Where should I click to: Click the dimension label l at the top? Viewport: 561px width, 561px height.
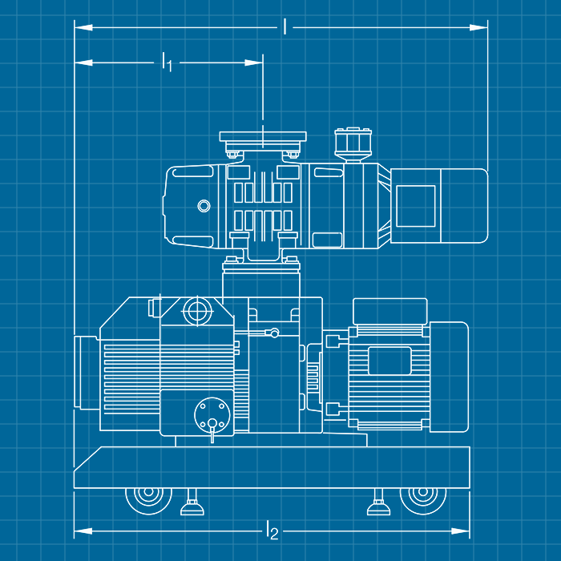[x=285, y=26]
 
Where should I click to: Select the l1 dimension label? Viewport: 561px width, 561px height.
[x=167, y=62]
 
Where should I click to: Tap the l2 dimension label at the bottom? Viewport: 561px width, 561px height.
[x=272, y=530]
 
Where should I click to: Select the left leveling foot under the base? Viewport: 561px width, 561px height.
[x=191, y=506]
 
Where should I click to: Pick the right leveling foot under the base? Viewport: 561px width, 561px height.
[x=377, y=506]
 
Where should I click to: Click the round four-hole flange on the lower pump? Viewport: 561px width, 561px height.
[x=212, y=415]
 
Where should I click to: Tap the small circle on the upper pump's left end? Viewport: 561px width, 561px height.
[x=205, y=206]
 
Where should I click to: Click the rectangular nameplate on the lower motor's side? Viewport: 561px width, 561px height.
[x=388, y=361]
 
